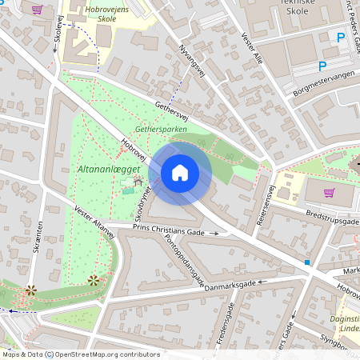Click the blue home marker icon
(x=180, y=172)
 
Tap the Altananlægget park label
(x=110, y=170)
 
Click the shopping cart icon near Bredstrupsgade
(x=329, y=192)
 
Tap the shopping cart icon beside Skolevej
(x=37, y=10)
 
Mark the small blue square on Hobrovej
(x=306, y=262)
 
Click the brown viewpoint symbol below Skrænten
(x=30, y=290)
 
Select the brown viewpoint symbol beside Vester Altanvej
(x=94, y=279)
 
